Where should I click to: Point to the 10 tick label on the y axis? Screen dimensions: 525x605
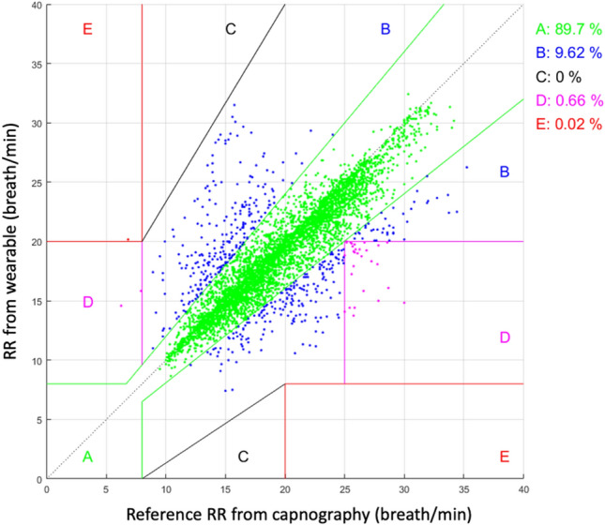[x=34, y=360]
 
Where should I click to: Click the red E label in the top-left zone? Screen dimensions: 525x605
[x=87, y=29]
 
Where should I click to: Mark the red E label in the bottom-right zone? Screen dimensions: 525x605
[x=504, y=457]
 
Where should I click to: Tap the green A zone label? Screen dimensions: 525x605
[x=87, y=457]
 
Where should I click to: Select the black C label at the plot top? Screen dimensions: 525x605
[x=231, y=29]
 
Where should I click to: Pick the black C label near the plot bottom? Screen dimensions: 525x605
[x=242, y=457]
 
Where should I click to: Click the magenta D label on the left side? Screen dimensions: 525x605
[x=87, y=302]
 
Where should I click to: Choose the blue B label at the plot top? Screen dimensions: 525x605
[x=385, y=29]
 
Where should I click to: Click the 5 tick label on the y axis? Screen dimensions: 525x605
[x=37, y=419]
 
